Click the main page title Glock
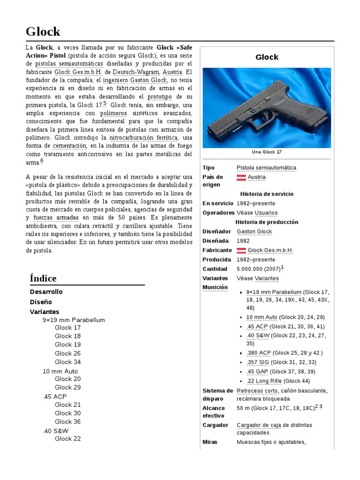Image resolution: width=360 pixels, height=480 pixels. pyautogui.click(x=43, y=31)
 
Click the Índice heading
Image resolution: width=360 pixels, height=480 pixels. pyautogui.click(x=43, y=278)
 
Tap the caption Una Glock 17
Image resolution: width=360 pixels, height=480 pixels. pyautogui.click(x=266, y=152)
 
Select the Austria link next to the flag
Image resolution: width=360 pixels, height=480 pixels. pyautogui.click(x=256, y=177)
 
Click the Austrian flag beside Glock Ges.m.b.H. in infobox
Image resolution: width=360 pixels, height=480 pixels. pyautogui.click(x=241, y=250)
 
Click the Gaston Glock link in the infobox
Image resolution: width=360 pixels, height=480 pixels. pyautogui.click(x=254, y=232)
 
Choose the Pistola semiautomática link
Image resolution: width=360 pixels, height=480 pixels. pyautogui.click(x=266, y=168)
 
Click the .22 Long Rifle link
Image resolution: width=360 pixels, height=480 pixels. pyautogui.click(x=264, y=381)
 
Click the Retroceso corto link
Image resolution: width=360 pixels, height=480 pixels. pyautogui.click(x=256, y=390)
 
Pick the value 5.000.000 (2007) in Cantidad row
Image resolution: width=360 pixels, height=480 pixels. pyautogui.click(x=258, y=269)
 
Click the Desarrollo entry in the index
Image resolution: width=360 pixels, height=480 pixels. pyautogui.click(x=46, y=292)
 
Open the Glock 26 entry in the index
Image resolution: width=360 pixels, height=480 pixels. pyautogui.click(x=67, y=353)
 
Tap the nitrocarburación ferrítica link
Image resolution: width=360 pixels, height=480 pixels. pyautogui.click(x=143, y=138)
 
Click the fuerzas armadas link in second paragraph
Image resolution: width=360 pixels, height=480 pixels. pyautogui.click(x=56, y=217)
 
